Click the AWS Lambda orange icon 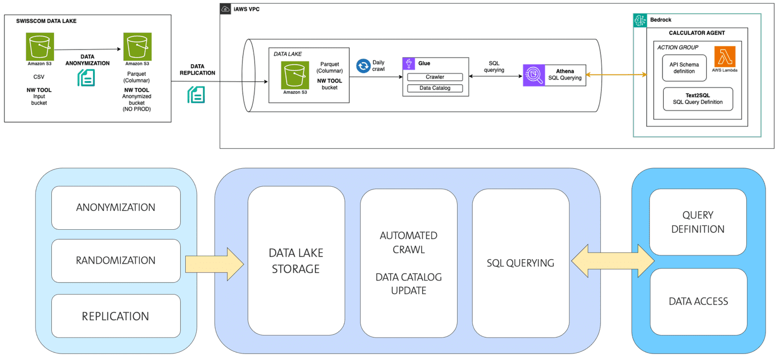[x=725, y=57]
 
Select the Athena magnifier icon [x=533, y=75]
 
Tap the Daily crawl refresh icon [x=363, y=66]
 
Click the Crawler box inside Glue [x=435, y=77]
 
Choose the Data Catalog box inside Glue [x=435, y=88]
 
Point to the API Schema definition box [x=684, y=68]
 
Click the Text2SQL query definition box [x=697, y=99]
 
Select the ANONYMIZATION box [x=116, y=208]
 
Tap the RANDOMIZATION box [x=116, y=260]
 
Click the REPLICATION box [x=116, y=316]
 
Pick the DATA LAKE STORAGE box [x=296, y=261]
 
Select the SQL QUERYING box [x=520, y=263]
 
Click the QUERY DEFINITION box [x=697, y=222]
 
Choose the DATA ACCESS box [x=697, y=301]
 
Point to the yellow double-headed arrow [x=612, y=261]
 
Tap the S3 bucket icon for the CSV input [x=39, y=47]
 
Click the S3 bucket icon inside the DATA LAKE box [x=295, y=75]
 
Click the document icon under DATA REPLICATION [x=196, y=94]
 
